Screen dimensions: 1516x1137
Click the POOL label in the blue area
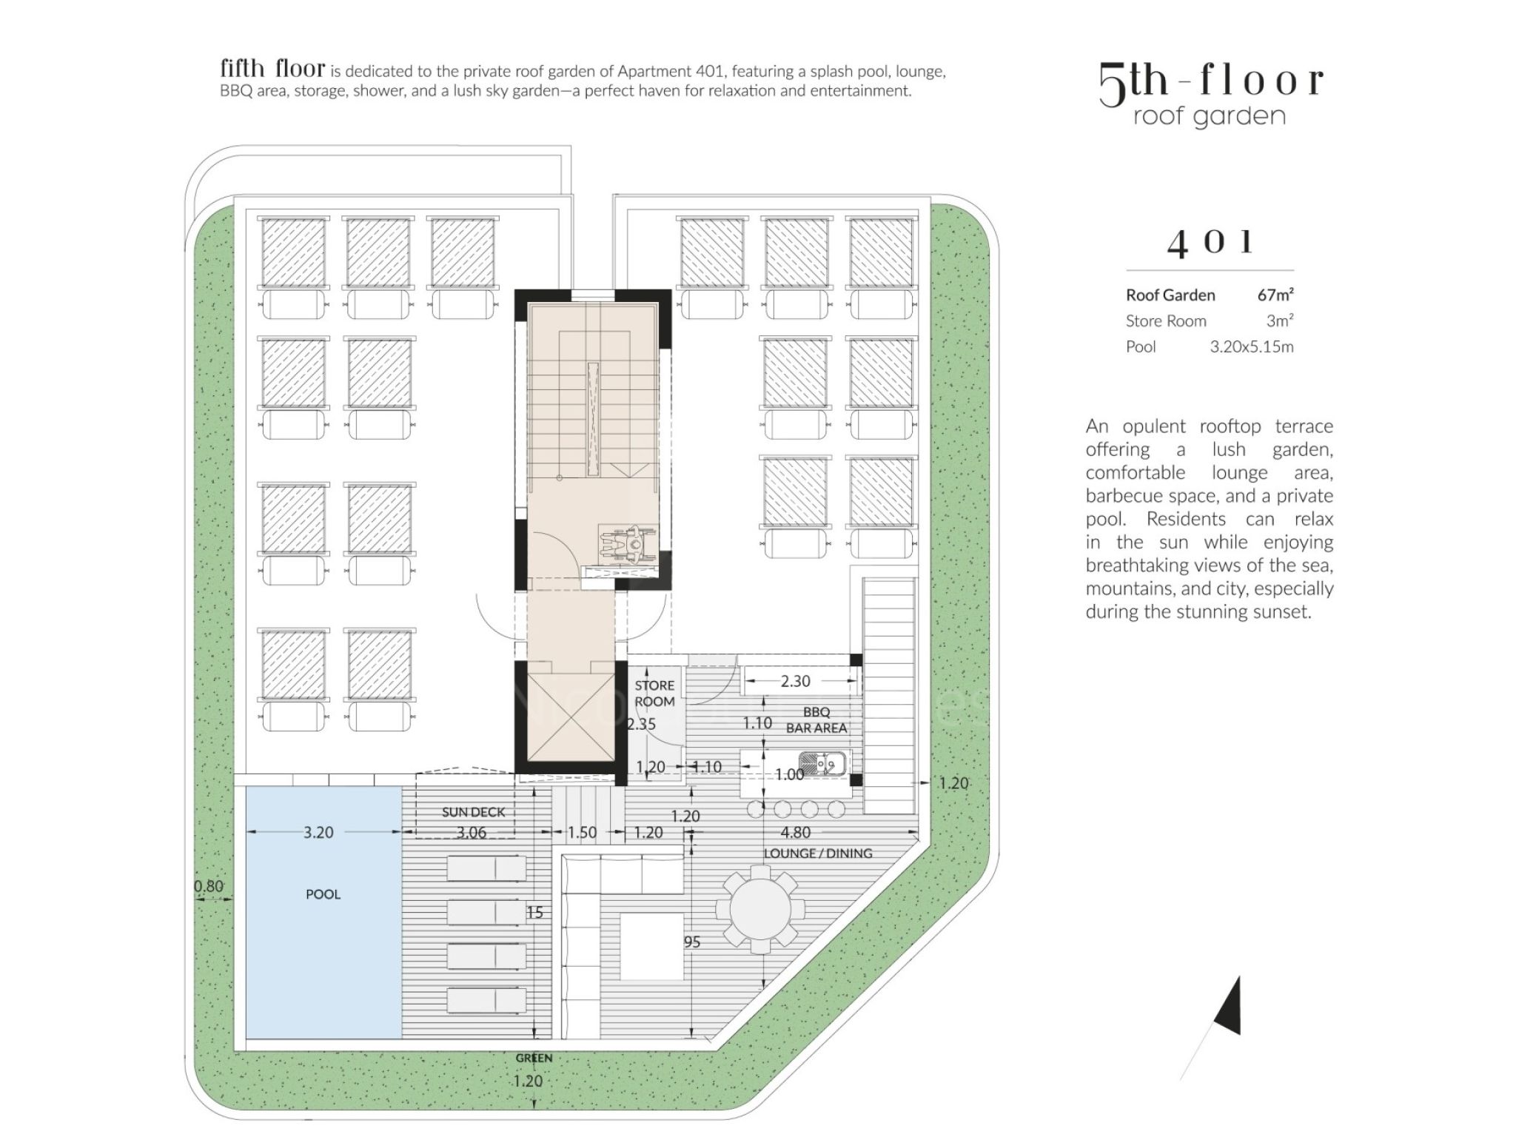323,894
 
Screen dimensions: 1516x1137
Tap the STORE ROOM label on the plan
654,694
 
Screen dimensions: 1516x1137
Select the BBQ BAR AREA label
816,720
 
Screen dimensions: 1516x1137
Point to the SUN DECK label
473,812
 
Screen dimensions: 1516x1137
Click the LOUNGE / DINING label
818,853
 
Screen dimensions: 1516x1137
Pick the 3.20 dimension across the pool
318,832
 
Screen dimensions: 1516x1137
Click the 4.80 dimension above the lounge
796,832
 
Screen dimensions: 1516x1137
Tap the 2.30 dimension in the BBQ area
796,681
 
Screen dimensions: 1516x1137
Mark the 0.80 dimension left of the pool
208,886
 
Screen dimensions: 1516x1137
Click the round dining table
760,911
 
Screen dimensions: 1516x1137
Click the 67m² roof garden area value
1275,295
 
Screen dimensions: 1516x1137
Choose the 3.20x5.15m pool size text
1252,346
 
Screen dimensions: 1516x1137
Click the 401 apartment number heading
1210,243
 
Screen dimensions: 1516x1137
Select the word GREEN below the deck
534,1058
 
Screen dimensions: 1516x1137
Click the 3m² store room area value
1280,321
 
